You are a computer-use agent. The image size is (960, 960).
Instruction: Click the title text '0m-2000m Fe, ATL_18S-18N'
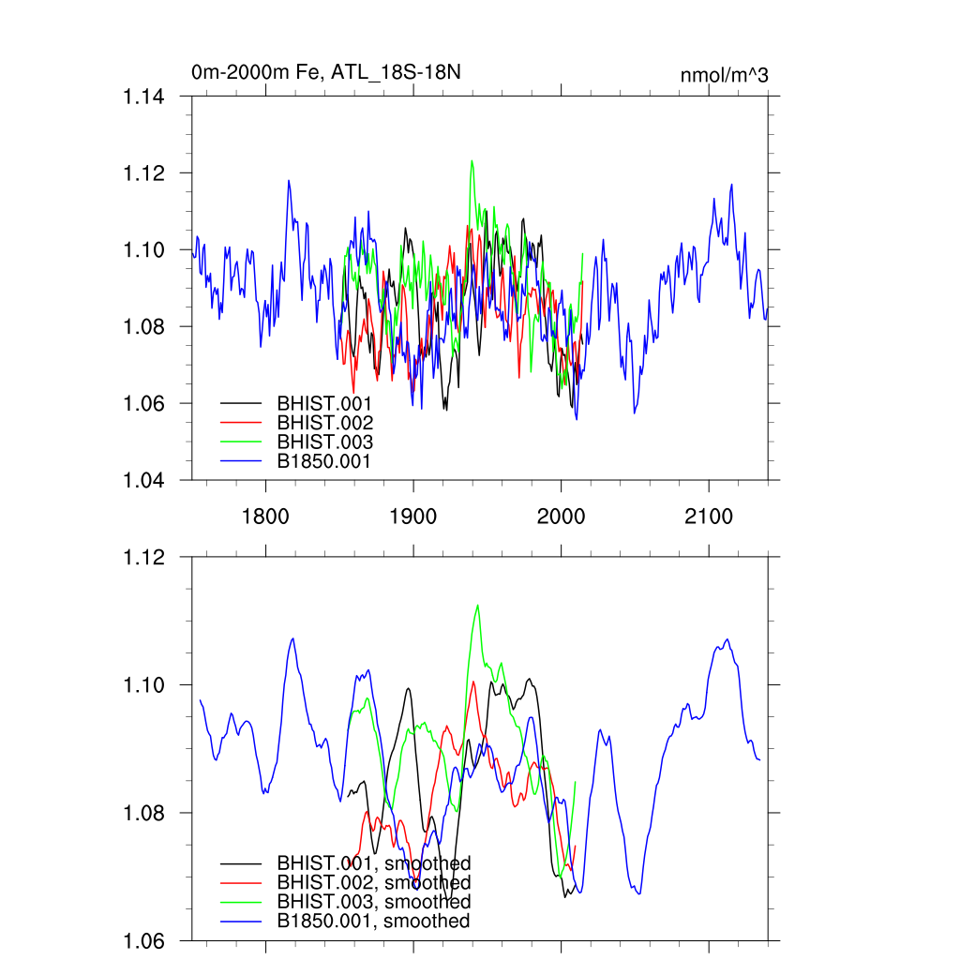326,71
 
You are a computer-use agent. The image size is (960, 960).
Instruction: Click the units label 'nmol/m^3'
724,75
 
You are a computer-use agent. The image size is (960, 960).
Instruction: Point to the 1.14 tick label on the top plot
145,97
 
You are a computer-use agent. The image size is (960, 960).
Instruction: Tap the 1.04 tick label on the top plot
145,480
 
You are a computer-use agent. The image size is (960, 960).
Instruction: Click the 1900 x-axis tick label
413,516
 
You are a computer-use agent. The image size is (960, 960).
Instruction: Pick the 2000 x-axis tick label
561,516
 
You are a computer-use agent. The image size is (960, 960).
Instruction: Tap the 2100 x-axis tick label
709,516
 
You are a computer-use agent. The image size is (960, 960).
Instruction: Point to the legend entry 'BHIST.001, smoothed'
373,862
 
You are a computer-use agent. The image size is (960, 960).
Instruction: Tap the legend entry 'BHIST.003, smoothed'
373,902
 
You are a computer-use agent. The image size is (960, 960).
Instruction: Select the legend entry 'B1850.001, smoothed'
373,922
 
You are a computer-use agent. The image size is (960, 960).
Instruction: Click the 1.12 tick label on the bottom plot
145,557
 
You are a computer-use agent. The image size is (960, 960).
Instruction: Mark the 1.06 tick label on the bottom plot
145,940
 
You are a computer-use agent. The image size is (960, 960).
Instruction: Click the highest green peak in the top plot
472,160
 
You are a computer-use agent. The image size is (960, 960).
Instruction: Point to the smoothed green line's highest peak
478,605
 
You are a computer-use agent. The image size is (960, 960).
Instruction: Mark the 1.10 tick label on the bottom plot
145,684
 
